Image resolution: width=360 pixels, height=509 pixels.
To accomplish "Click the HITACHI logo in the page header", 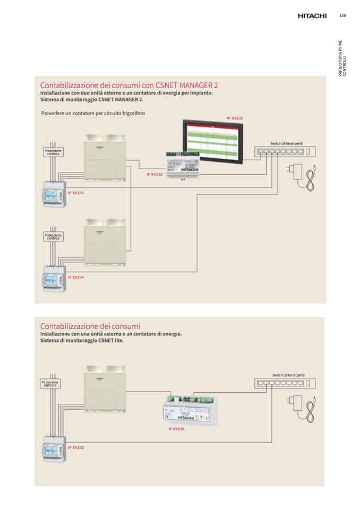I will (x=312, y=16).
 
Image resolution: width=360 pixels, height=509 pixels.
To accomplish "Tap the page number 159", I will (x=342, y=15).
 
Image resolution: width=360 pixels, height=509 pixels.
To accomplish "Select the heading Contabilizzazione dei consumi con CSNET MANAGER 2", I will (x=129, y=85).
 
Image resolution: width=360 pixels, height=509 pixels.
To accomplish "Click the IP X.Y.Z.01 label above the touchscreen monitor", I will (x=235, y=118).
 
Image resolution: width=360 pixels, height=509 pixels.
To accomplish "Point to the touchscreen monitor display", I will (x=213, y=142).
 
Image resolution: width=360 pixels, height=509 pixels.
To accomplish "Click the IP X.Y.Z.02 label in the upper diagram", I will (x=155, y=174).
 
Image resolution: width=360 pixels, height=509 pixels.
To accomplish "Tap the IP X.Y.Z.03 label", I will (x=76, y=193).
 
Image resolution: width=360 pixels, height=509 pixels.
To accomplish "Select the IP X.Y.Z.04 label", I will (x=76, y=278).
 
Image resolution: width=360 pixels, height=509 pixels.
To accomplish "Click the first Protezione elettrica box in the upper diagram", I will (x=53, y=152).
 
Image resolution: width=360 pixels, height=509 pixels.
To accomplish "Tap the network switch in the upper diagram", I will (x=285, y=152).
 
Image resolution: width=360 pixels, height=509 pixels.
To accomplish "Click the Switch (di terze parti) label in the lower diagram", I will (x=288, y=375).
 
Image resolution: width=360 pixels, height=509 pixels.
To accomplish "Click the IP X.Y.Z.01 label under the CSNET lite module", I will (x=176, y=429).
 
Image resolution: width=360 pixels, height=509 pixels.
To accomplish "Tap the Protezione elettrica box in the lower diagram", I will (x=50, y=383).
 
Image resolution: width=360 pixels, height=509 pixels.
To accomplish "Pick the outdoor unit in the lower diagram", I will (x=105, y=389).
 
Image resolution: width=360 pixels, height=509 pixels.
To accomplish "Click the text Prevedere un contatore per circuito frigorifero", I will (x=93, y=113).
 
